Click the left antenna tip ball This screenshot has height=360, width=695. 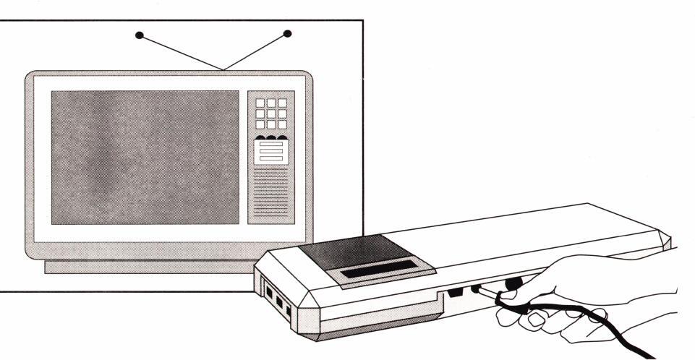click(140, 34)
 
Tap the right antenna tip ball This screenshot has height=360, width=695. click(287, 33)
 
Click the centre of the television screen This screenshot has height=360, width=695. click(145, 157)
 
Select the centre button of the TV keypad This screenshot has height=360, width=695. click(271, 113)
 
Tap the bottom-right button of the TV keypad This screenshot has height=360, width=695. click(282, 124)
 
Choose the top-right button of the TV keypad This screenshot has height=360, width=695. click(282, 103)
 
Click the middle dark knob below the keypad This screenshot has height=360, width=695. click(271, 137)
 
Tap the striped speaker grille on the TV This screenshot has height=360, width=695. click(271, 202)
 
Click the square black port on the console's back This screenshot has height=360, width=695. click(456, 293)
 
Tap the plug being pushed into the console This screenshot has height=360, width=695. click(477, 290)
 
